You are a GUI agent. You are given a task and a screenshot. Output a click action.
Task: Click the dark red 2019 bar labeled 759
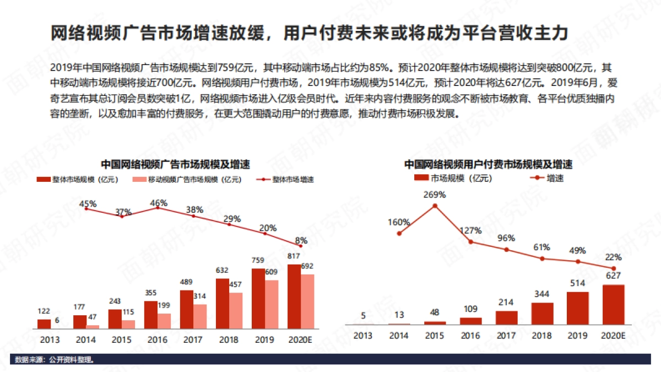[x=258, y=299]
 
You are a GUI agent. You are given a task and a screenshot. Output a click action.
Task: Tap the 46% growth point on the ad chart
[x=158, y=208]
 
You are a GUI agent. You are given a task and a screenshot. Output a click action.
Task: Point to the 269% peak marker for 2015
[x=435, y=206]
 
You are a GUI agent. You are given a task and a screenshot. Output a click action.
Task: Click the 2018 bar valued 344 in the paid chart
[x=542, y=313]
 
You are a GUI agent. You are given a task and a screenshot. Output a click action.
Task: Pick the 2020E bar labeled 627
[x=613, y=304]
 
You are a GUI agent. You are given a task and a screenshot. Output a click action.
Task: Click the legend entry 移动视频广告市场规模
[x=187, y=180]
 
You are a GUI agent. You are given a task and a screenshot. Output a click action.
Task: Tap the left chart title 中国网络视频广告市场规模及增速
[x=175, y=164]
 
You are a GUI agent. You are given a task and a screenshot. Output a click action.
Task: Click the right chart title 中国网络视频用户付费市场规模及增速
[x=488, y=164]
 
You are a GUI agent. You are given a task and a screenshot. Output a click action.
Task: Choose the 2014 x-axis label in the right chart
[x=399, y=336]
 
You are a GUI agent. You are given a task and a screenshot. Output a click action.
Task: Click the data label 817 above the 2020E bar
[x=294, y=256]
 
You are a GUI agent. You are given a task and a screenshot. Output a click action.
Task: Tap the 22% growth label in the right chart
[x=613, y=257]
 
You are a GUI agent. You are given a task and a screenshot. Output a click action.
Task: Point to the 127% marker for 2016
[x=471, y=241]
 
